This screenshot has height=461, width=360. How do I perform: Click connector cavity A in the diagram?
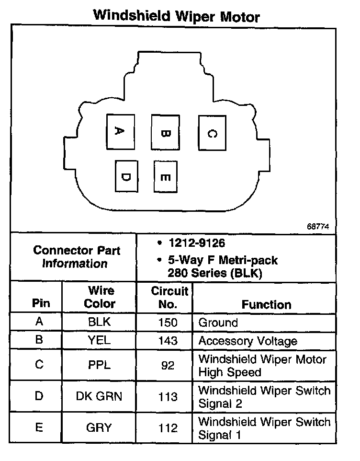(x=121, y=131)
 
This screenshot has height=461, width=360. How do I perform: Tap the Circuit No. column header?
(x=169, y=297)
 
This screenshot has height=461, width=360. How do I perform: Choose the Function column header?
(x=266, y=304)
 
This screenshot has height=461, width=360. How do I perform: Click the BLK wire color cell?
(x=100, y=322)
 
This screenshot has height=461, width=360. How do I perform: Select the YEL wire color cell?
(x=100, y=341)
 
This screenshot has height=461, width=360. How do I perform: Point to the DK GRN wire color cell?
(x=100, y=397)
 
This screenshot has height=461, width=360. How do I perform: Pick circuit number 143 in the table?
(x=168, y=341)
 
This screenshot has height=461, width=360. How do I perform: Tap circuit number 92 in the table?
(x=168, y=366)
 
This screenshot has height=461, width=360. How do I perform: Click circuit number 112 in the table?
(x=168, y=428)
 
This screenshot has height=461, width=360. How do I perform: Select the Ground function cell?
(x=218, y=323)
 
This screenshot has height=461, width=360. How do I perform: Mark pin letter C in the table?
(x=40, y=365)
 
